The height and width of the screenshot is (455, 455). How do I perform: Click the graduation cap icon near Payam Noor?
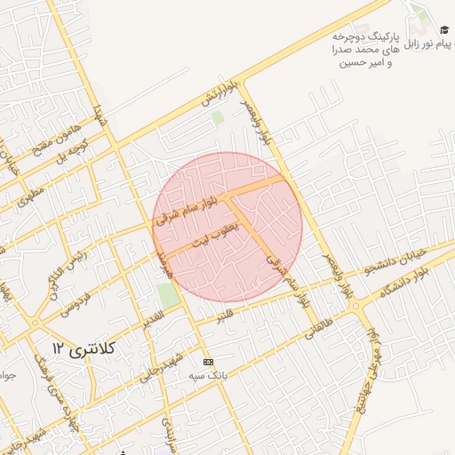click(444, 30)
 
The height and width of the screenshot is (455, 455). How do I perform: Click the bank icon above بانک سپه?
click(208, 363)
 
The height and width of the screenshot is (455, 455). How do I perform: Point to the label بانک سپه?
click(207, 375)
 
